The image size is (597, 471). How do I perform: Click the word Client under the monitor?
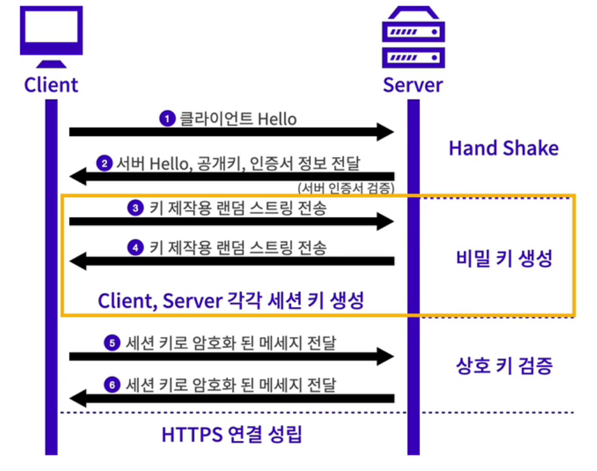(x=51, y=85)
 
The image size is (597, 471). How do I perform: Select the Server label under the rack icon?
(x=413, y=85)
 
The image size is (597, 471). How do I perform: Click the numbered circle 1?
(x=167, y=119)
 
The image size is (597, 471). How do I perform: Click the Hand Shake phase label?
(x=504, y=147)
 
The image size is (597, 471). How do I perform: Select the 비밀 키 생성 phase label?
(x=504, y=259)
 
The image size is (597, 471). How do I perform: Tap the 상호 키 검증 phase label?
(x=504, y=366)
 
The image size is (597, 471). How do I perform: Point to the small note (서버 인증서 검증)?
(x=346, y=188)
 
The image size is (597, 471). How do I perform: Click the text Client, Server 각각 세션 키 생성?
(x=231, y=301)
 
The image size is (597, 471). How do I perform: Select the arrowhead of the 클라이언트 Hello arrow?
(x=385, y=132)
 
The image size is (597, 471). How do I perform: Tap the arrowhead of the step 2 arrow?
(x=78, y=176)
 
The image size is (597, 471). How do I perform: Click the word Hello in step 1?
(x=277, y=119)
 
